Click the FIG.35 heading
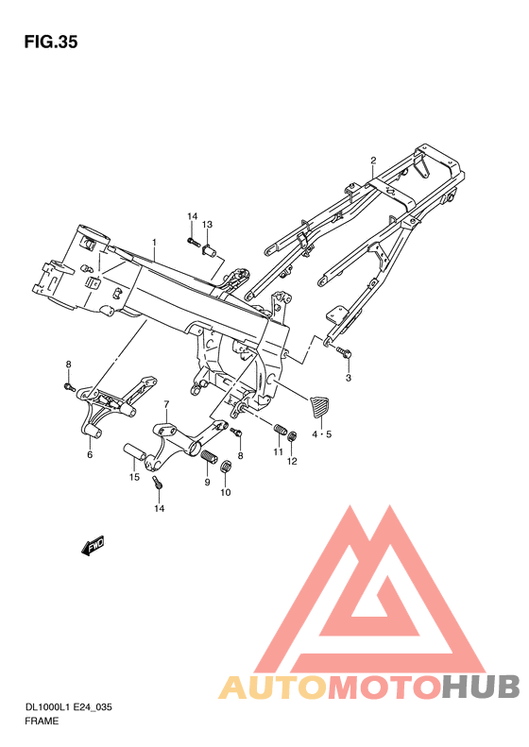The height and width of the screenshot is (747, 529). pyautogui.click(x=51, y=42)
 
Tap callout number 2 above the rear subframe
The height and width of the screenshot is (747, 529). pyautogui.click(x=373, y=160)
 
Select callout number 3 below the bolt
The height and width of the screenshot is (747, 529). pyautogui.click(x=348, y=378)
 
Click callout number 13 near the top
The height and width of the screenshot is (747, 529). pyautogui.click(x=207, y=224)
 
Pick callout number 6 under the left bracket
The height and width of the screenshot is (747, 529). pyautogui.click(x=90, y=454)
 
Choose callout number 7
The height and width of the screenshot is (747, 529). pyautogui.click(x=166, y=404)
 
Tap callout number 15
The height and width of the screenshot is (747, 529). pyautogui.click(x=134, y=477)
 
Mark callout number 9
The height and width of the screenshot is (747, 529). pyautogui.click(x=206, y=483)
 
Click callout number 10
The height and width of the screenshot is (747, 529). pyautogui.click(x=226, y=492)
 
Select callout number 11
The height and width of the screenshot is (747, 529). pyautogui.click(x=278, y=452)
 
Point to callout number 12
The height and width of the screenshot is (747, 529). pyautogui.click(x=293, y=461)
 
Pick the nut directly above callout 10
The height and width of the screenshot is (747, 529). pyautogui.click(x=227, y=467)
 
